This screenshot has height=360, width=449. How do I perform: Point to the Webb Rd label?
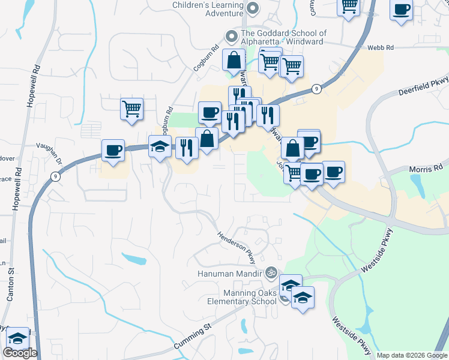397,47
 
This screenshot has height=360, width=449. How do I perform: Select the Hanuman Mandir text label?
231,274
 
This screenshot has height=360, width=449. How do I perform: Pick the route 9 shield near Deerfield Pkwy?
316,89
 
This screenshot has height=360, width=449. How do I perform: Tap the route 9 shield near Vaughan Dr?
55,176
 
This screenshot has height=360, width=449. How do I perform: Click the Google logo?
20,353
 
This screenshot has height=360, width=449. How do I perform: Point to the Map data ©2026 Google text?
412,355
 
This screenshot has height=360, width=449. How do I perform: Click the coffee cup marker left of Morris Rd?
334,172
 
